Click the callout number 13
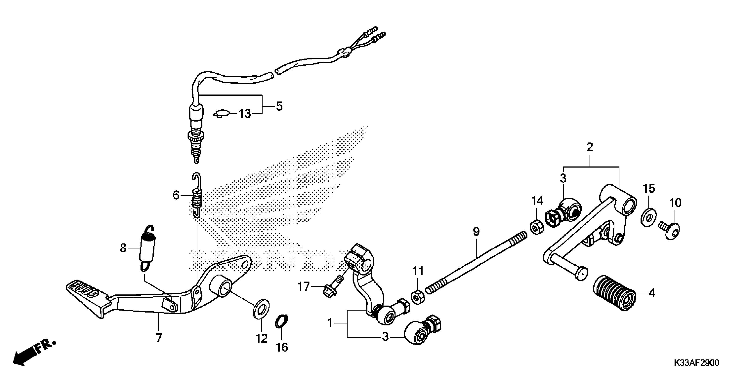tap(245, 114)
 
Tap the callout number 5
tap(279, 106)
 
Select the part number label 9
tap(476, 232)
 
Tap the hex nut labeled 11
tap(418, 297)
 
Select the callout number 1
tap(330, 323)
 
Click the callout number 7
tap(158, 338)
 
